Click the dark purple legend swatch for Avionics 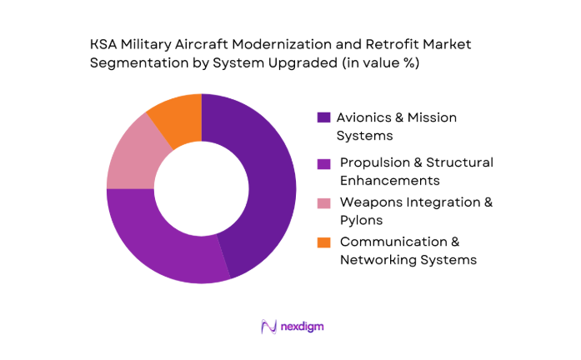(323, 118)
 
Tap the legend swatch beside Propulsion (323, 162)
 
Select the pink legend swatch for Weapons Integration (323, 202)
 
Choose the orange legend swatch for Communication (323, 242)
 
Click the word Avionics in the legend (367, 118)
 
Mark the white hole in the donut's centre (201, 188)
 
